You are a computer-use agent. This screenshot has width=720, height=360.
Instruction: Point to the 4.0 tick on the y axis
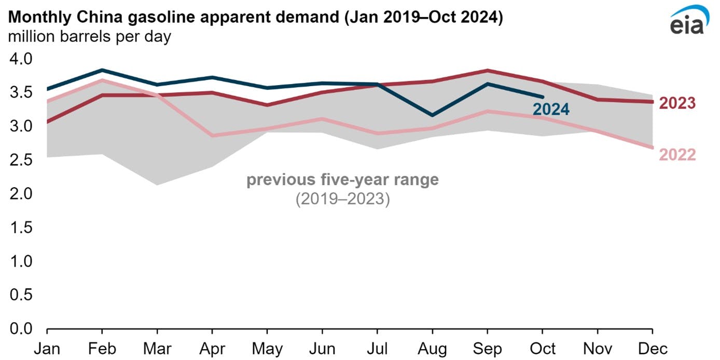coord(21,59)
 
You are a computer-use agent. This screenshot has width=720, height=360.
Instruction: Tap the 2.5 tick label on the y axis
coord(21,160)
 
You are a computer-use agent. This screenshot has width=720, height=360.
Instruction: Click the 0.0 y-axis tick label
coord(21,329)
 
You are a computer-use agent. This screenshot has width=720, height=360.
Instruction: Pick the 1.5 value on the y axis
coord(21,227)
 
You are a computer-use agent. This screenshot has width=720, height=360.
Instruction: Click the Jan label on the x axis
coord(47,348)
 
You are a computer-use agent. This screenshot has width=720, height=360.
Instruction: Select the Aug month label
coord(433,348)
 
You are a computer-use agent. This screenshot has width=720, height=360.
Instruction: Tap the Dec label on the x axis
coord(653,348)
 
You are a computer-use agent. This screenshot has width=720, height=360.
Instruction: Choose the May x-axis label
coord(267,348)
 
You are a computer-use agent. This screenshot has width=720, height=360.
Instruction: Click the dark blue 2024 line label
coord(551,109)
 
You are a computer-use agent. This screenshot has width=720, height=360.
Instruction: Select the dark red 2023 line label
coord(677,103)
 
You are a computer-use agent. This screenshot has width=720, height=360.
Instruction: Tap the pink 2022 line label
coord(677,155)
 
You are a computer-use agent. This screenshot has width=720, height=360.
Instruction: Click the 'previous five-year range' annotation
coord(342,180)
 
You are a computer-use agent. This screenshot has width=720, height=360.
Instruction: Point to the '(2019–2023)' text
coord(342,199)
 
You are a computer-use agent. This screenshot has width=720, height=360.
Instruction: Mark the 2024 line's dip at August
coord(433,115)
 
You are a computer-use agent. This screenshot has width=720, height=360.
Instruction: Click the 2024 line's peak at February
coord(103,70)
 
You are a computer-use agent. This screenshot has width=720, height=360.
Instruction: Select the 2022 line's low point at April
coord(212,135)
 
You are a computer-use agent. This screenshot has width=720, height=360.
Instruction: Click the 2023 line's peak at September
coord(488,70)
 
